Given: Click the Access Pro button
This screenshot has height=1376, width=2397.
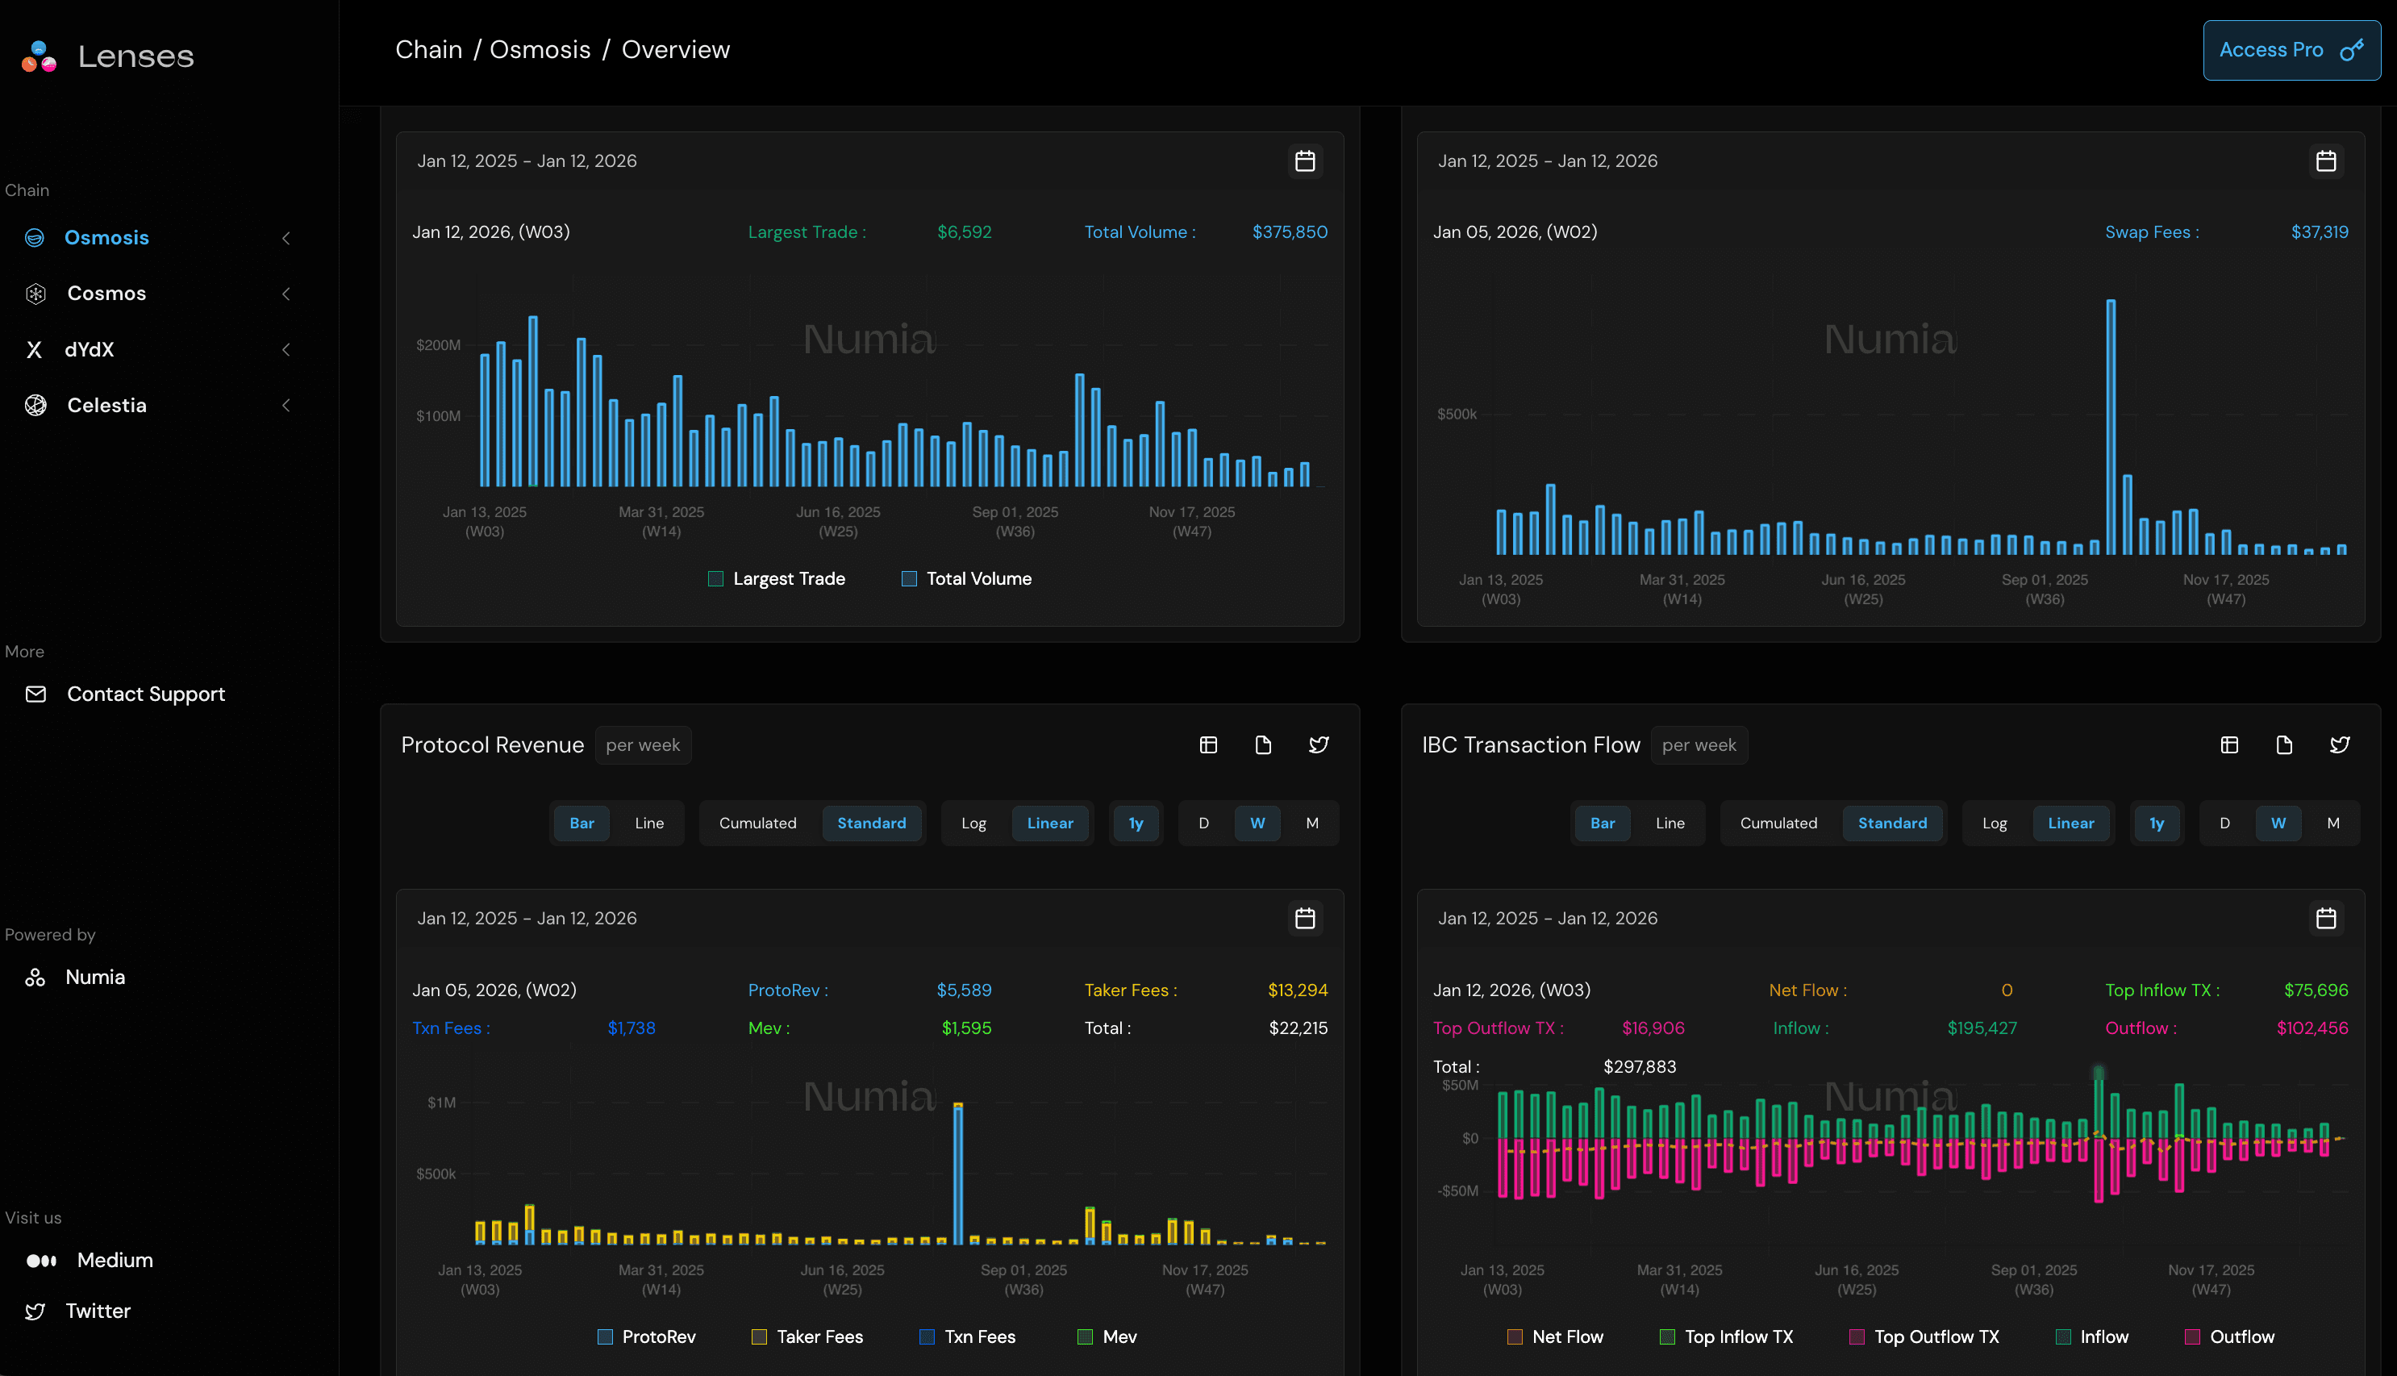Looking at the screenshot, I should [2291, 50].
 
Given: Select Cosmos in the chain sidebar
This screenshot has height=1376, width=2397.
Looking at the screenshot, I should [106, 294].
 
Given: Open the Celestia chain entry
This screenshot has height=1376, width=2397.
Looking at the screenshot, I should [106, 406].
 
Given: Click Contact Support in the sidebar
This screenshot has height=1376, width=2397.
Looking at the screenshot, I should [144, 694].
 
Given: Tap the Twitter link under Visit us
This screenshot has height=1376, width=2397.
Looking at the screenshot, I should [98, 1311].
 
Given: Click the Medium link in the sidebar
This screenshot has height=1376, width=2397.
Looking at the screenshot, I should [114, 1261].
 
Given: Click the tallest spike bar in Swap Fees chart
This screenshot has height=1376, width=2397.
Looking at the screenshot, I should [2111, 425].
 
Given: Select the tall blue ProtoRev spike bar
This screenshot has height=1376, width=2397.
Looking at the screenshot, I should [958, 1172].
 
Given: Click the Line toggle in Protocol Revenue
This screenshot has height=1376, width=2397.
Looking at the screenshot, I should [649, 824].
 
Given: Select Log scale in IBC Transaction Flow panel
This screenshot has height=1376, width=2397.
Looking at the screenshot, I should [1994, 824].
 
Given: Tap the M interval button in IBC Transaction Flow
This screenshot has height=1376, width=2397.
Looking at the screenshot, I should [2332, 824].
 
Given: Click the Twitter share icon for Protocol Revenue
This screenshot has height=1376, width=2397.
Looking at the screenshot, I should [1318, 745].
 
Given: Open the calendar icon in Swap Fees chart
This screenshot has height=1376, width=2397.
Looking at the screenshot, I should [2325, 161].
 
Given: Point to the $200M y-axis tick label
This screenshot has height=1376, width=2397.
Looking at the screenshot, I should [439, 346].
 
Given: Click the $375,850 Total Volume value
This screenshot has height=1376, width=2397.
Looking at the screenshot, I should [1289, 232].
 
